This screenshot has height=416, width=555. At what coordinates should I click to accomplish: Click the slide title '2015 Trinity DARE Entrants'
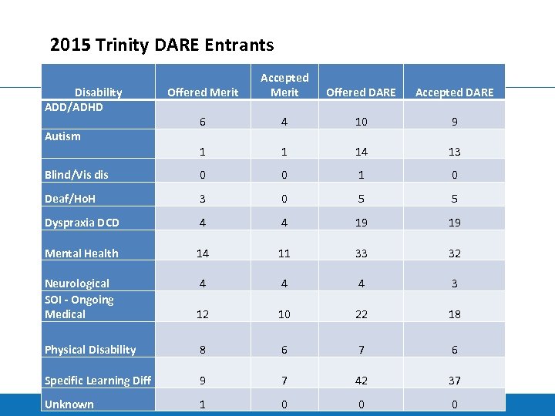pos(162,45)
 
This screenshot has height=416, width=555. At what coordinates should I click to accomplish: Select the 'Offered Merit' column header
pos(203,92)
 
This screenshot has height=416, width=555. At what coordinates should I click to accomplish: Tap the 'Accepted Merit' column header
pos(284,85)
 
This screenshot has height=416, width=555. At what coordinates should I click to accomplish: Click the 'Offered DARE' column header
pos(361,92)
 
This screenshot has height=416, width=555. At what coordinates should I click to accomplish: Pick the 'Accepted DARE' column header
pos(454,92)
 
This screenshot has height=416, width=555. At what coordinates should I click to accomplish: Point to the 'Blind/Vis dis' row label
pos(76,175)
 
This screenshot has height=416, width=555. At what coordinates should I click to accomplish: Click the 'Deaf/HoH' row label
pos(71,199)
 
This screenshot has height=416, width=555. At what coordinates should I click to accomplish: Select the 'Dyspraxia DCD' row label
pos(82,223)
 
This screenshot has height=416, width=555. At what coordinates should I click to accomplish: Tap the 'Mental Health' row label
pos(82,253)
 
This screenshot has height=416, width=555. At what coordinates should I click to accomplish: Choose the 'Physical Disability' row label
pos(90,350)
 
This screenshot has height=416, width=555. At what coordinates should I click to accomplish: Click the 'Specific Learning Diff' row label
pos(98,381)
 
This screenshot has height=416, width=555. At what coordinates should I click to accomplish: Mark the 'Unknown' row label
pos(69,404)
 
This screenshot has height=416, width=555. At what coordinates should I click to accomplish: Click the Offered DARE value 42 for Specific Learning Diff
pos(362,381)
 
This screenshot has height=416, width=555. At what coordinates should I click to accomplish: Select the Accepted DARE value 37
pos(454,381)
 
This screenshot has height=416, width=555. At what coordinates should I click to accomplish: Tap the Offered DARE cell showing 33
pos(362,253)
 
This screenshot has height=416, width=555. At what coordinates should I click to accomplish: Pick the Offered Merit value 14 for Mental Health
pos(203,253)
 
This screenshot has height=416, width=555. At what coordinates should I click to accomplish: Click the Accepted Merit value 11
pos(284,253)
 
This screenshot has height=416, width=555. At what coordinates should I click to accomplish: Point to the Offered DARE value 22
pos(362,314)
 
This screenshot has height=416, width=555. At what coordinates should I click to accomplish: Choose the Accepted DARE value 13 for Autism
pos(454,152)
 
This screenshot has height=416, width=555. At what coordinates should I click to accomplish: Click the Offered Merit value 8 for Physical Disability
pos(203,350)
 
